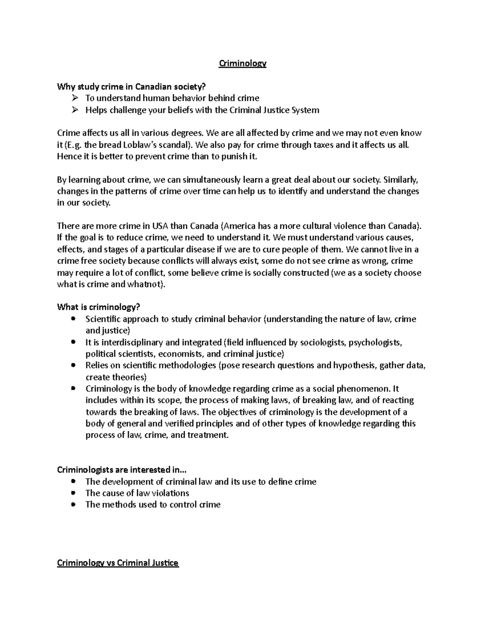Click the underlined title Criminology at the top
[242, 63]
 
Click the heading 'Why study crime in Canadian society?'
[131, 87]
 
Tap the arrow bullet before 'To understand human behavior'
[74, 98]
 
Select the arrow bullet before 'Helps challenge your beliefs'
[74, 110]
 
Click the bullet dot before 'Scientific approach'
[73, 319]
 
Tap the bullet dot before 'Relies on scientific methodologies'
[73, 365]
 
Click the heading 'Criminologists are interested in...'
[122, 470]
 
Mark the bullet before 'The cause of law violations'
[73, 493]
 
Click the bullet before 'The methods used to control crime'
[73, 505]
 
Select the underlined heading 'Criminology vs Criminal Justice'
[118, 563]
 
